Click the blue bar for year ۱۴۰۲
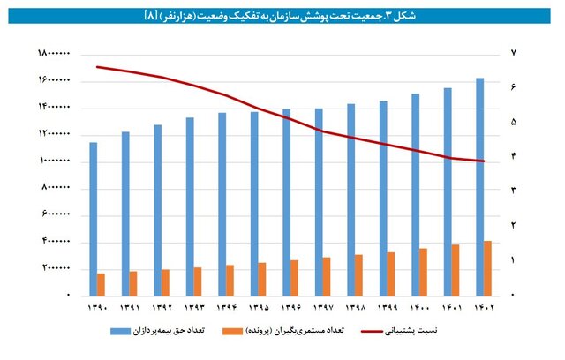480,185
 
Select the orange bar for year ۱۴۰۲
487,267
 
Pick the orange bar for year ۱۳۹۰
101,284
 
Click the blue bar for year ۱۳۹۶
287,202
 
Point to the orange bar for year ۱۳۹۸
358,274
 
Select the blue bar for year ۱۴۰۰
416,194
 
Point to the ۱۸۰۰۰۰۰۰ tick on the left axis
54,54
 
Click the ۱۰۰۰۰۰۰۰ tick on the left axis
54,161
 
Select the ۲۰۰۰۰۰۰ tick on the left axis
56,268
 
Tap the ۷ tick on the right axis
513,54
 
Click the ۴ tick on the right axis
513,157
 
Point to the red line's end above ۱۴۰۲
484,161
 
